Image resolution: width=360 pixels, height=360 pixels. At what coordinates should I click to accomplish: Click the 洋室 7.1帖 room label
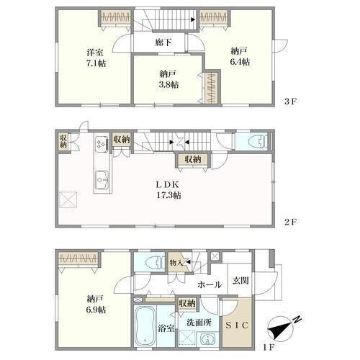[96, 58]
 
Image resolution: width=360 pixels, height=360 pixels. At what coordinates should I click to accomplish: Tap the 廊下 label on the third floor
[163, 42]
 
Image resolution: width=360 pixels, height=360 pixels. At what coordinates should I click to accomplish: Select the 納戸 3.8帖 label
[168, 79]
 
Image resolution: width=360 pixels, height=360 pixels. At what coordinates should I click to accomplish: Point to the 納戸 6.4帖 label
[240, 57]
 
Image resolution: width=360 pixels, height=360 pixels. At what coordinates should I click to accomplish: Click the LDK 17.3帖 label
[168, 190]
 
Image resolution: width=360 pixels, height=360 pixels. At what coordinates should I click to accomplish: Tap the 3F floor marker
[290, 102]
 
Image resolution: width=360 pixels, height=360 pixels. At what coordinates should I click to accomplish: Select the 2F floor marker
[290, 222]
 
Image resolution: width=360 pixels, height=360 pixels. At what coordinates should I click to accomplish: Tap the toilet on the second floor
[258, 141]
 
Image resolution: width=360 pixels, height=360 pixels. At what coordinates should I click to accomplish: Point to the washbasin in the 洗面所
[207, 339]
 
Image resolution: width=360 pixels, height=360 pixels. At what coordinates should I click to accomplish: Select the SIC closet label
[237, 325]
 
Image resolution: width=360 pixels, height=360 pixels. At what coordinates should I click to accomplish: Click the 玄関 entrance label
[240, 280]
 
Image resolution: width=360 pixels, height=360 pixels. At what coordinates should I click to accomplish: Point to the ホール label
[210, 285]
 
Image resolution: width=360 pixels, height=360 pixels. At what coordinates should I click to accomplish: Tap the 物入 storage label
[176, 263]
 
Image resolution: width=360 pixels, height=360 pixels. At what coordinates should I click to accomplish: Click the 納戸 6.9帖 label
[96, 305]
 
